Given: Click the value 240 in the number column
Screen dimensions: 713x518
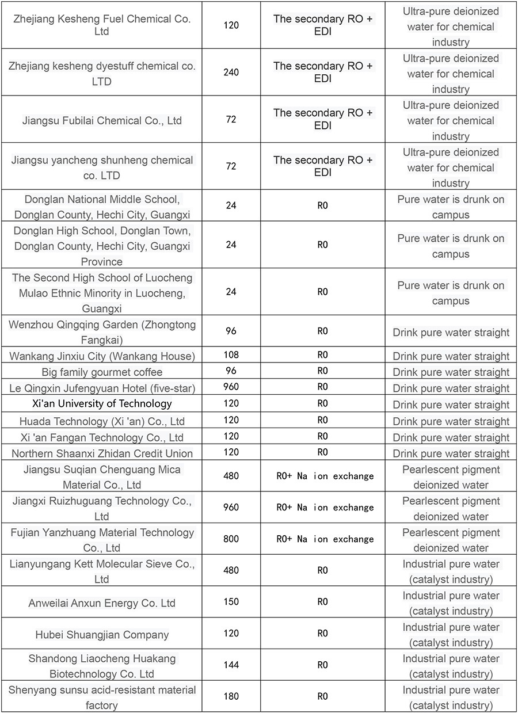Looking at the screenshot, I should [231, 73].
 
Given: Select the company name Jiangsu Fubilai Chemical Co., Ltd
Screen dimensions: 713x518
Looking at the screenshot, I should [102, 121].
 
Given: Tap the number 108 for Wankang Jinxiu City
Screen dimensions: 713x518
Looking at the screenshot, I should [231, 354].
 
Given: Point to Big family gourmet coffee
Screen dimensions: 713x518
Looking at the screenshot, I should [102, 372].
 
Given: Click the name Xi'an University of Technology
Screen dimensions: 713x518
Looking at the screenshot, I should [102, 403].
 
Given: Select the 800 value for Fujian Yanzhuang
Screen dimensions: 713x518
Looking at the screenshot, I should [231, 539].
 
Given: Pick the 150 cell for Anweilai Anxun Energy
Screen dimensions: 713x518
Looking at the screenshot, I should [231, 602].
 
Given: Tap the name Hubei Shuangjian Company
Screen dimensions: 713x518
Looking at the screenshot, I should [102, 635].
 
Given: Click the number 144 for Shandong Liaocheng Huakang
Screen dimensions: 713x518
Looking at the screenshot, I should [231, 665].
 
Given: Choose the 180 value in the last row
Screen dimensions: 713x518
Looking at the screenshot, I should [231, 696].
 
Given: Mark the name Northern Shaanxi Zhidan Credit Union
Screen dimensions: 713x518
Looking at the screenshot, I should [102, 453].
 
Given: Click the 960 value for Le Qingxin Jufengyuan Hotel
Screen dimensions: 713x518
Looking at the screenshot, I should [231, 387].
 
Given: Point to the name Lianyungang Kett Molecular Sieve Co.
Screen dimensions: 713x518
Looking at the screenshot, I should [102, 571].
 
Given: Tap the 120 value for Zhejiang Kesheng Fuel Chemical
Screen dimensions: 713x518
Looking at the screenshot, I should [231, 25].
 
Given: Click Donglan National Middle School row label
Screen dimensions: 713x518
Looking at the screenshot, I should [102, 207].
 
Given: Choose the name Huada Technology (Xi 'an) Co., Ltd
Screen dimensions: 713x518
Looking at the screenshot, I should [102, 421].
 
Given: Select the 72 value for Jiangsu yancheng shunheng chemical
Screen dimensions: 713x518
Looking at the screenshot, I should [231, 166].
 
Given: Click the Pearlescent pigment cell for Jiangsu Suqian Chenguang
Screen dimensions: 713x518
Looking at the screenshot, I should [451, 477].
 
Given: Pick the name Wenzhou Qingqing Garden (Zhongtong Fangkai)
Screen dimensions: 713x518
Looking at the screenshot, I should [102, 332].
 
